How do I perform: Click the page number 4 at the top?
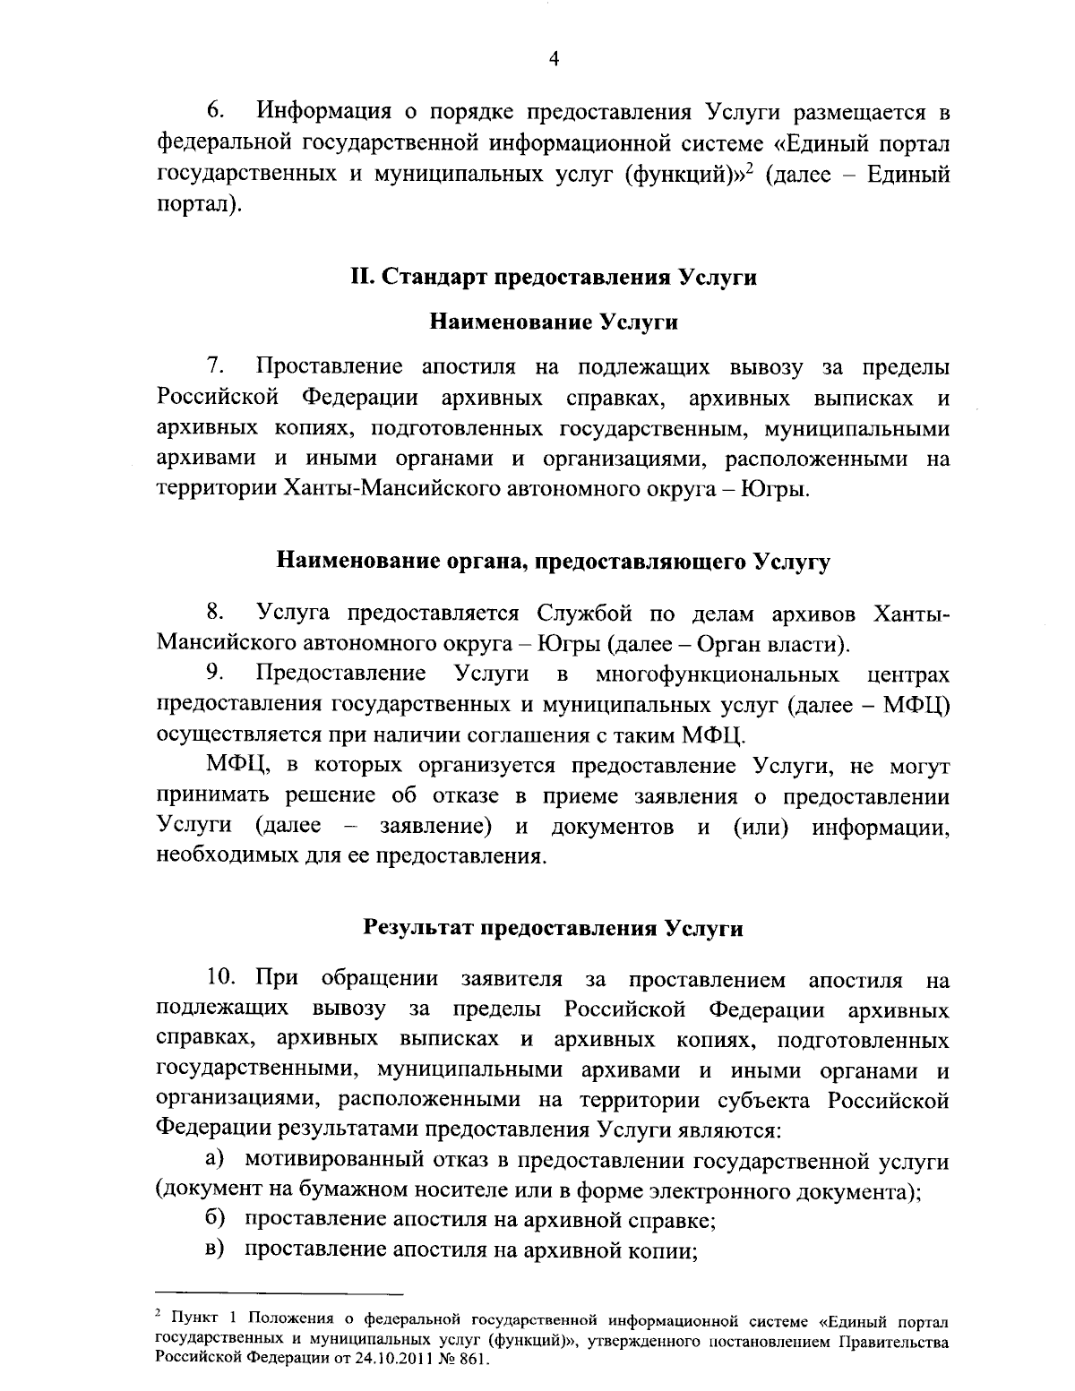pyautogui.click(x=553, y=58)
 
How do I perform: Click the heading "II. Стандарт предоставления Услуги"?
pyautogui.click(x=553, y=278)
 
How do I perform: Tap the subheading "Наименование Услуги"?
pyautogui.click(x=553, y=322)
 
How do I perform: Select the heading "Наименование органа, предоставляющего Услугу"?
pyautogui.click(x=553, y=562)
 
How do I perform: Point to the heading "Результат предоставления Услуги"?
pyautogui.click(x=553, y=928)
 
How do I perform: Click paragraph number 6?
pyautogui.click(x=215, y=112)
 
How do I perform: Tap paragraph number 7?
pyautogui.click(x=215, y=366)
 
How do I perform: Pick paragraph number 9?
pyautogui.click(x=215, y=673)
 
